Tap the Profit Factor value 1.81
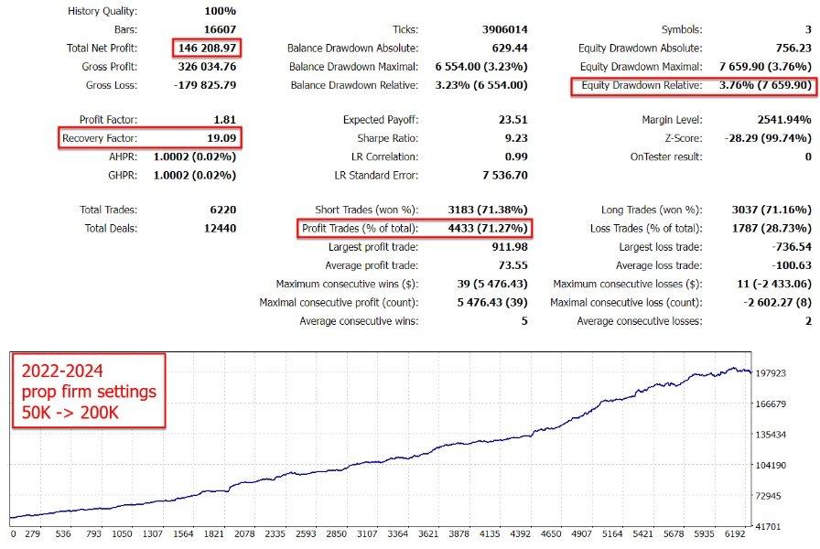223,120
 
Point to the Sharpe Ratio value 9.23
513,138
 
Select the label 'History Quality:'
102,11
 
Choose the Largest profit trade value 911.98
505,247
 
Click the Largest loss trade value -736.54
786,247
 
